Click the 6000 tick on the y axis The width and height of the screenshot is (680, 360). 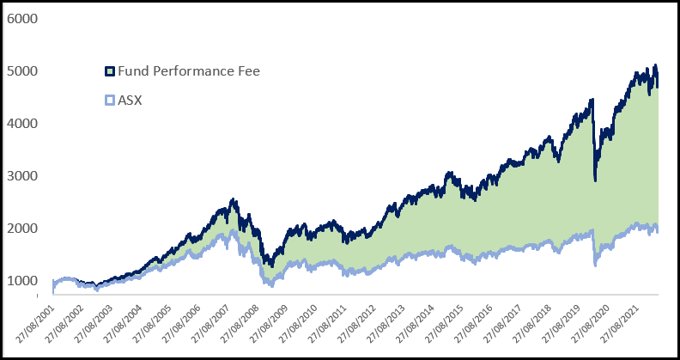23,18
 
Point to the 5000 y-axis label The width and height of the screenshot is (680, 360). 23,70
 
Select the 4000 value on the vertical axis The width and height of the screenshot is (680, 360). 23,123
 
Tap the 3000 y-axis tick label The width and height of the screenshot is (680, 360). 23,175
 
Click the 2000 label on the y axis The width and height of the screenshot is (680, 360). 23,228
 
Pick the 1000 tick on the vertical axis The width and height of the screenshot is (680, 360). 23,280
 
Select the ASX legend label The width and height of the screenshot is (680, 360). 130,100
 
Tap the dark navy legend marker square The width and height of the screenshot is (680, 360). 109,71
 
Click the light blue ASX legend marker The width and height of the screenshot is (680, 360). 109,101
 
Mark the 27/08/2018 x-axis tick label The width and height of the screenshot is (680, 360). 538,324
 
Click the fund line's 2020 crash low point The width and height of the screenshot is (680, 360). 596,180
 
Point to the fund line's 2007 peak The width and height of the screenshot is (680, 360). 234,200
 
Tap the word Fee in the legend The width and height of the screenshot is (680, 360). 247,70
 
